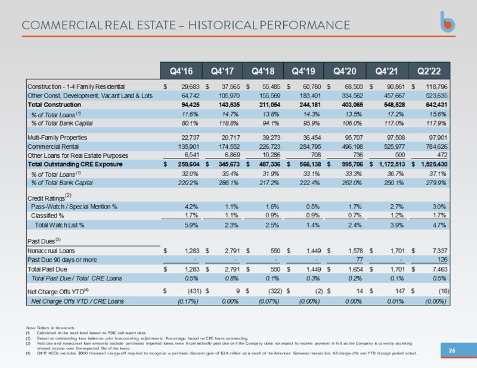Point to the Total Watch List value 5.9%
192,226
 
